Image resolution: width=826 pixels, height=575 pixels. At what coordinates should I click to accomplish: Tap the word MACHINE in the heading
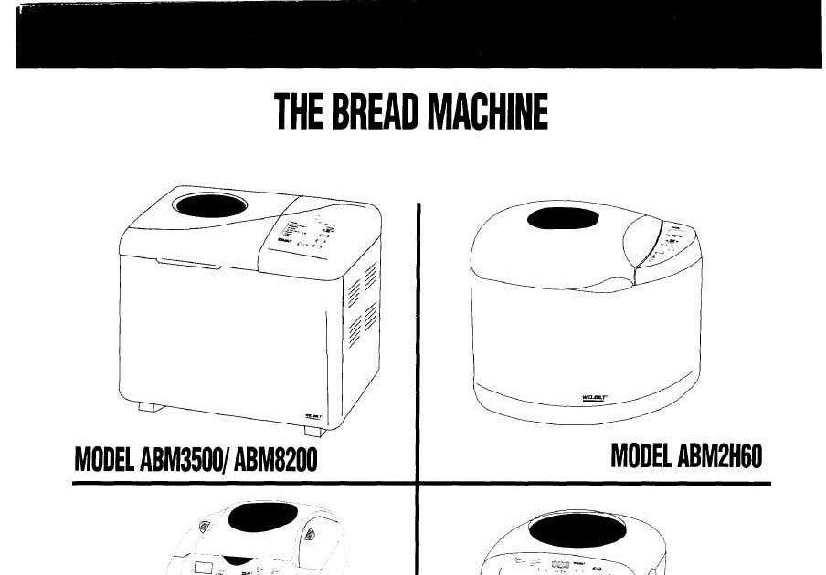tap(489, 113)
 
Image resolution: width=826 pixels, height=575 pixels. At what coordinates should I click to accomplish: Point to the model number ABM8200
tap(276, 458)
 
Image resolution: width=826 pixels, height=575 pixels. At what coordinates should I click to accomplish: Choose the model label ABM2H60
tap(716, 455)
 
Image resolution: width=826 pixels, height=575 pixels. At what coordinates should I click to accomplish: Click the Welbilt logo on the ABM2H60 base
tap(593, 397)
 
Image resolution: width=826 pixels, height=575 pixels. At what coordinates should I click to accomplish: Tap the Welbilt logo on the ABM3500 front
tap(311, 416)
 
